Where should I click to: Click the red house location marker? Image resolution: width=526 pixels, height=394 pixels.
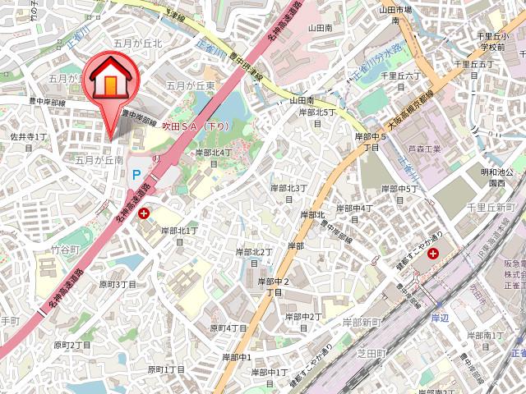pos(107,80)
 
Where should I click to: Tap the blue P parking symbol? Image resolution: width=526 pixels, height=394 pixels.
pos(136,175)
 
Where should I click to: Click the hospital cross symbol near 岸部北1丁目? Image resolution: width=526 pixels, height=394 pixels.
pos(145,214)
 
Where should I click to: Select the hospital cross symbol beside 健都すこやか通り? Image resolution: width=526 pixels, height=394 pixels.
pos(433,254)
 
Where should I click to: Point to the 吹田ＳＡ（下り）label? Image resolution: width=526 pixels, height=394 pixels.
pos(196,126)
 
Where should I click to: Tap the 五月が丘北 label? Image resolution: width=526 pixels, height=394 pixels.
pos(138,42)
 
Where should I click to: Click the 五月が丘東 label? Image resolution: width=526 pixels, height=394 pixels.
pos(191,85)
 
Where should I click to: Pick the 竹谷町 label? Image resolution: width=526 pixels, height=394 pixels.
pos(65,248)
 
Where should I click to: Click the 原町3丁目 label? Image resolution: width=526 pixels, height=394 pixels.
pos(118,284)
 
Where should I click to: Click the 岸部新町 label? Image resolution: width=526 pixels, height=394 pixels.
pos(360,322)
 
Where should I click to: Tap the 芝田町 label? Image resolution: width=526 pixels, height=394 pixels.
pos(371,352)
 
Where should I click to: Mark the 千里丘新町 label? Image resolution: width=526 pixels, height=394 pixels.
pos(490,207)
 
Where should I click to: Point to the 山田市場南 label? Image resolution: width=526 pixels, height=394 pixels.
pos(394,14)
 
